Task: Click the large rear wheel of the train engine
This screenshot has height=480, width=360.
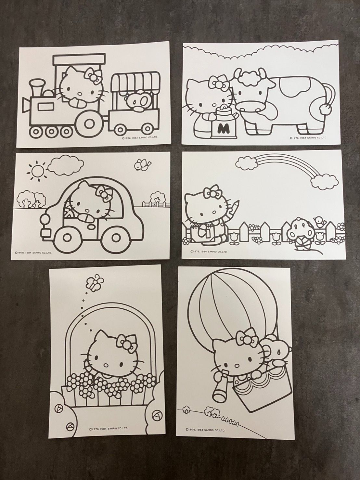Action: pos(88,124)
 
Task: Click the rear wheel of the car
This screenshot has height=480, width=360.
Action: pos(117,238)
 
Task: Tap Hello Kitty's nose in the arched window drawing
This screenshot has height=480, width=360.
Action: pos(106,365)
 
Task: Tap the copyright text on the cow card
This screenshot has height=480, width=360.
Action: pos(308,137)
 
